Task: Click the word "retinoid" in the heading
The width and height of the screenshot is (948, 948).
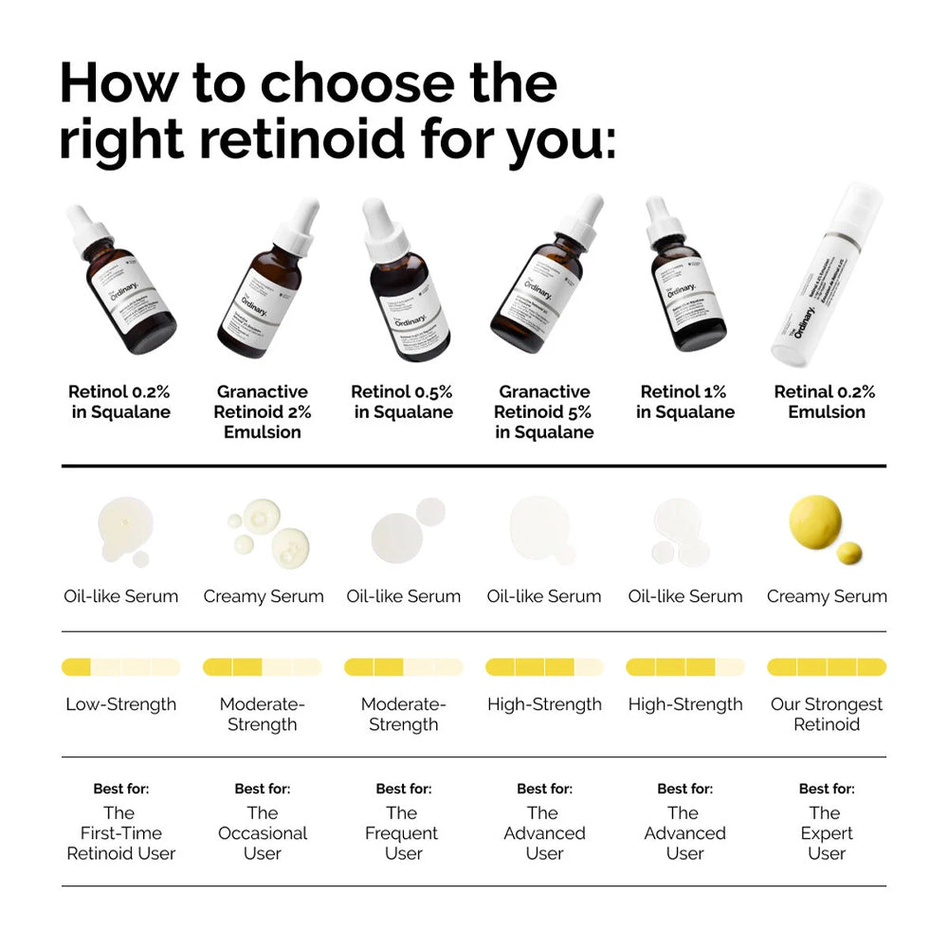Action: point(304,138)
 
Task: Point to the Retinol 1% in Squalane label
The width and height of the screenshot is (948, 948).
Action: point(685,402)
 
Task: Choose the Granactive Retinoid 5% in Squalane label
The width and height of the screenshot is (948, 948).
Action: point(544,411)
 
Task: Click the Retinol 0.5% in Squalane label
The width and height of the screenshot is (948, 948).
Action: point(402,402)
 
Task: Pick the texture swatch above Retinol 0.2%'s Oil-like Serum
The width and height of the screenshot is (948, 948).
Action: point(120,531)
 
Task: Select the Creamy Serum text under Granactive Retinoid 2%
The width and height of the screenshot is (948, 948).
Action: point(264,596)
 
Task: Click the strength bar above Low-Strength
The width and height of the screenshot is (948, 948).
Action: point(120,667)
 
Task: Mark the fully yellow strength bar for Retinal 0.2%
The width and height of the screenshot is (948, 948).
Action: point(827,667)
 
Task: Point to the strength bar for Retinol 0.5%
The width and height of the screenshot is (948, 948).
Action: point(403,667)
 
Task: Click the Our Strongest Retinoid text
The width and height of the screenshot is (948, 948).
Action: point(827,715)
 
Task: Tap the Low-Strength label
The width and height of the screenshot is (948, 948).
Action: point(120,704)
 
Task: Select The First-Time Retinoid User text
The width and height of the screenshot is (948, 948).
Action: point(120,832)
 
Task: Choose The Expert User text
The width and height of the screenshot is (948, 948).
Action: point(827,832)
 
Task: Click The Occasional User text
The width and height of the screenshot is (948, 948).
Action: point(263,832)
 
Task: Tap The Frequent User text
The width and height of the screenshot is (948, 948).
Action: point(403,832)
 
